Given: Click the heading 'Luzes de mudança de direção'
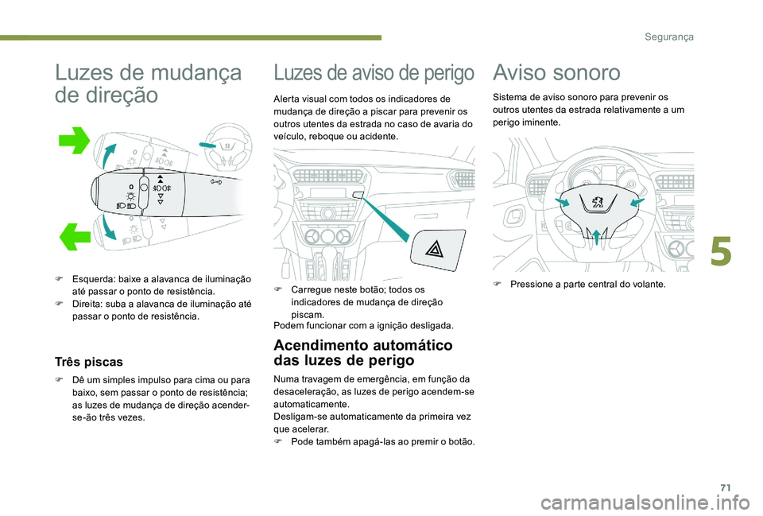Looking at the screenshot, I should tap(149, 83).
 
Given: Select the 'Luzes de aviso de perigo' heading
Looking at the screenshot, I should tap(374, 73).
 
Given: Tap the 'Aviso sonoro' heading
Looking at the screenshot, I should tap(556, 73).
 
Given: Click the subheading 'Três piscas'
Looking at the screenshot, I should tap(88, 360).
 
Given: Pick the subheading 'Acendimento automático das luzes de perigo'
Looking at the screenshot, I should tap(362, 352).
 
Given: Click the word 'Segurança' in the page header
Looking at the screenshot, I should tap(668, 37).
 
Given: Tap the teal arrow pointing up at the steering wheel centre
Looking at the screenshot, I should tap(597, 235).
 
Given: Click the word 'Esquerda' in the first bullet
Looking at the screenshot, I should tap(92, 280).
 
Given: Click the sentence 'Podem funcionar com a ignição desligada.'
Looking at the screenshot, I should tap(363, 326).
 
